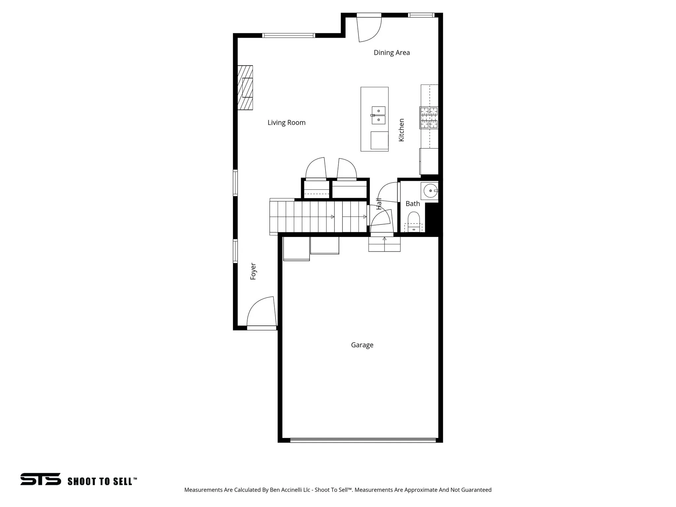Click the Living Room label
(287, 123)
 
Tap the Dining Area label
(391, 52)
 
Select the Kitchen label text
(401, 130)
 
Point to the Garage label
(362, 345)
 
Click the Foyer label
(253, 271)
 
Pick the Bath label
(413, 204)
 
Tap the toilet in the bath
(414, 220)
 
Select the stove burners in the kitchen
(429, 118)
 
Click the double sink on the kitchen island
(379, 115)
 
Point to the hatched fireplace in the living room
(245, 87)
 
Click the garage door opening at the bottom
(363, 440)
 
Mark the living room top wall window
(288, 36)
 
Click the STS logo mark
(41, 479)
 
